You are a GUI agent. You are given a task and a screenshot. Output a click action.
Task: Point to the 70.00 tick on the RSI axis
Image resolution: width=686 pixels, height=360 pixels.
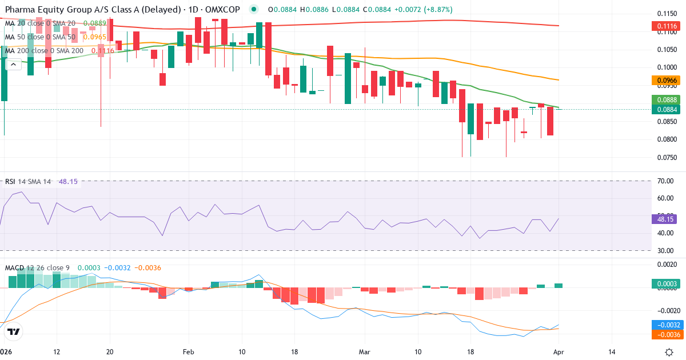point(665,181)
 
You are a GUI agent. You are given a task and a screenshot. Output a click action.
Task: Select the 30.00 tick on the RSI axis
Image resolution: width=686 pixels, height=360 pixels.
point(665,250)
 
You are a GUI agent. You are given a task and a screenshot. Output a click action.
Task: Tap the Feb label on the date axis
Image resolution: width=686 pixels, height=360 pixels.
point(188,352)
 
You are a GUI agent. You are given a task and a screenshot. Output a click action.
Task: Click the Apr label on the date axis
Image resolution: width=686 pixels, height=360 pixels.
point(559,352)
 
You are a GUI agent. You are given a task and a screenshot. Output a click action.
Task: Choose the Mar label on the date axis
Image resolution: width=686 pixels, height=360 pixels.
point(364,352)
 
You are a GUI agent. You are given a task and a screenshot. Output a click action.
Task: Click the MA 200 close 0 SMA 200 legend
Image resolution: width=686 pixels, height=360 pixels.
point(45,51)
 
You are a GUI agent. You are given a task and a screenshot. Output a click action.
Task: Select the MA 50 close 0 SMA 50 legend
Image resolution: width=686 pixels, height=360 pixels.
point(40,37)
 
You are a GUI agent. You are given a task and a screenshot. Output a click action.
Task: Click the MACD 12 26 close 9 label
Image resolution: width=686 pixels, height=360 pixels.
point(38,267)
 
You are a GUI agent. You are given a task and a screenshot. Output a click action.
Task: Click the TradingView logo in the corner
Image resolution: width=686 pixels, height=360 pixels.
point(14,331)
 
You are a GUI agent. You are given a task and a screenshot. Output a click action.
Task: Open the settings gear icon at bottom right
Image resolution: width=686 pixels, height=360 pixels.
point(669,352)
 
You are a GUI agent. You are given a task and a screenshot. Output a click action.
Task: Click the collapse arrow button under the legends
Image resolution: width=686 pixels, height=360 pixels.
point(13,65)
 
